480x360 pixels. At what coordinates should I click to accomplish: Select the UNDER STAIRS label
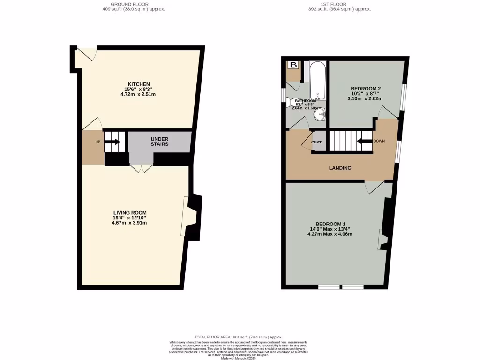coord(159,142)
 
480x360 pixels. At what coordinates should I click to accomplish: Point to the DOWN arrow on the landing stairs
coord(364,140)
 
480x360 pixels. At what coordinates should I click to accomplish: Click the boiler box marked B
coord(294,65)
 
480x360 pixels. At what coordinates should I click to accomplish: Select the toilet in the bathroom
coord(296,102)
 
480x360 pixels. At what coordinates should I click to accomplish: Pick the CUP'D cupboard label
coord(317,142)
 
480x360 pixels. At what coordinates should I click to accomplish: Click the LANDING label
coord(340,168)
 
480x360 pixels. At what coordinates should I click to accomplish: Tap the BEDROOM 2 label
coord(365,89)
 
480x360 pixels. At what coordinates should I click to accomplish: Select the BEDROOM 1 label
coord(330,224)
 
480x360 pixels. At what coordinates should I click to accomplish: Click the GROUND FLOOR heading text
coord(133,4)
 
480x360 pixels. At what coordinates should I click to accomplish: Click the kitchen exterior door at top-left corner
coord(87,53)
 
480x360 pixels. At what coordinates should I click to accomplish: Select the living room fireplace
coord(193,216)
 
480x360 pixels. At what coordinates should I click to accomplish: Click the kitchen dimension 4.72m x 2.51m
coord(138,94)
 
